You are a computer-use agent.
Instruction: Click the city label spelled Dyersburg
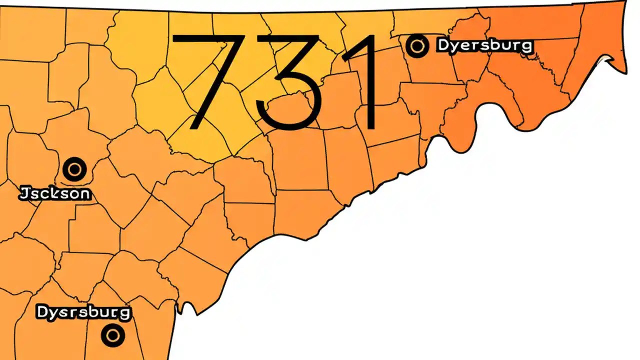485,45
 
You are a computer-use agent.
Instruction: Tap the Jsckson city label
55,193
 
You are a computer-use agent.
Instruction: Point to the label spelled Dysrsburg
83,312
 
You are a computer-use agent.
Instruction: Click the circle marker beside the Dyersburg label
416,46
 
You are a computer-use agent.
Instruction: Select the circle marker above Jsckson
74,169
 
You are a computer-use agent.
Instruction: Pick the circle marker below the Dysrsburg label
112,334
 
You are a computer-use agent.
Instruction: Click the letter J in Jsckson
23,193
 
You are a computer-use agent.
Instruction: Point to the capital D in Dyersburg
444,45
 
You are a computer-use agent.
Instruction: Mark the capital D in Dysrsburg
42,312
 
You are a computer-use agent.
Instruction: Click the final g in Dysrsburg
124,314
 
